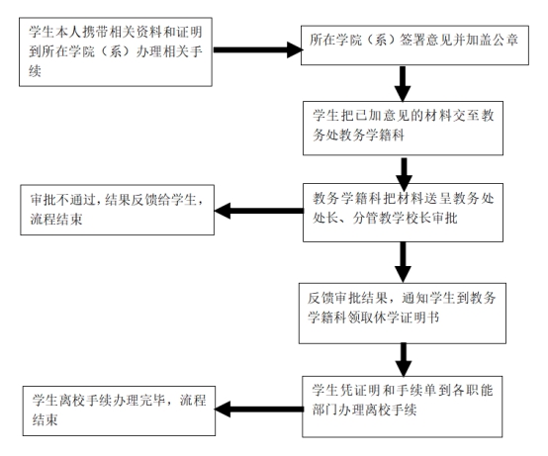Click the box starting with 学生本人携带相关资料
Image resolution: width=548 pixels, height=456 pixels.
click(x=116, y=51)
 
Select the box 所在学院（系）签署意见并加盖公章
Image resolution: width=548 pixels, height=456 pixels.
click(x=414, y=46)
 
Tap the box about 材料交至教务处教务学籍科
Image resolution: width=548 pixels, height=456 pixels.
click(x=403, y=129)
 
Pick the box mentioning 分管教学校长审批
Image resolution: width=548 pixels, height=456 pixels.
click(x=403, y=213)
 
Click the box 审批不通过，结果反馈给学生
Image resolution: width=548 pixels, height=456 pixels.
click(x=117, y=210)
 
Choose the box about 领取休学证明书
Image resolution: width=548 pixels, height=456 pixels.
click(x=403, y=314)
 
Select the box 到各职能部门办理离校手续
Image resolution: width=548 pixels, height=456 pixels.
click(x=403, y=407)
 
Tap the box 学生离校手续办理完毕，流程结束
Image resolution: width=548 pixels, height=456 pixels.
click(x=119, y=410)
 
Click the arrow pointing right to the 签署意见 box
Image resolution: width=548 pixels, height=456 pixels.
click(x=257, y=50)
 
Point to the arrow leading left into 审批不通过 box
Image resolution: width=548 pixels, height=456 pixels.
click(x=259, y=211)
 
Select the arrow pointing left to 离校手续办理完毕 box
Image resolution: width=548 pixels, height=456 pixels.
click(x=259, y=410)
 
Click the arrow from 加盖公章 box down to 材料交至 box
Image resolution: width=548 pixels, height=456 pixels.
click(x=403, y=83)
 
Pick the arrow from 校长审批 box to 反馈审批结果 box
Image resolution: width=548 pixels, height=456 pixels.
click(x=403, y=262)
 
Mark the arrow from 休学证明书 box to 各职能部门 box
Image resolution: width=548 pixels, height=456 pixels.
click(x=404, y=360)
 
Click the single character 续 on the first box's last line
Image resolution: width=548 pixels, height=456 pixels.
click(x=35, y=71)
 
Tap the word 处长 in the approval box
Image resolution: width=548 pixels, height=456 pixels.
click(x=325, y=218)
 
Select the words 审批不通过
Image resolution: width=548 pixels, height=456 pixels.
click(x=62, y=200)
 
